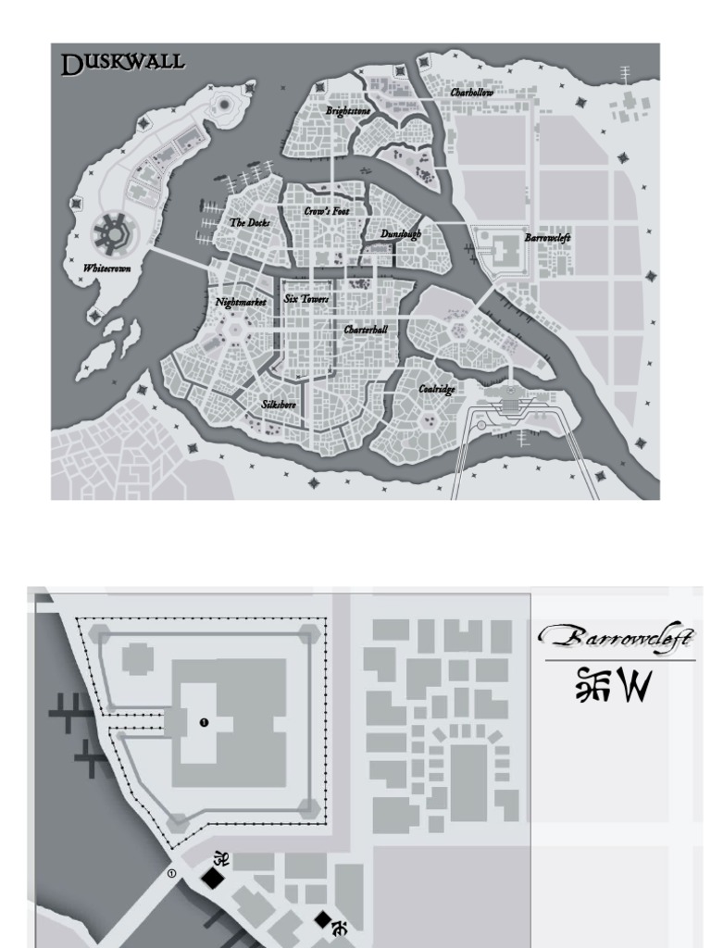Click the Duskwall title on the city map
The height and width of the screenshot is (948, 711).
tap(122, 63)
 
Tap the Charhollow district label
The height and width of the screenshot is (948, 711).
tap(472, 93)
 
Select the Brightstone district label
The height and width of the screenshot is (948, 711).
tap(348, 111)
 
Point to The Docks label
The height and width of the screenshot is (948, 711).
tap(250, 223)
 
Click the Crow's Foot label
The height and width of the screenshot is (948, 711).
tap(327, 212)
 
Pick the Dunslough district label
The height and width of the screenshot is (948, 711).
tap(401, 234)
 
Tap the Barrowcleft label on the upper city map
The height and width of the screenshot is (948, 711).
tap(547, 238)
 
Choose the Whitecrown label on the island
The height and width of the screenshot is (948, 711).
tap(106, 268)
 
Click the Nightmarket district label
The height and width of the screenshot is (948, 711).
tap(241, 302)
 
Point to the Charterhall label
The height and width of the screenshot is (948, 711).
tap(366, 330)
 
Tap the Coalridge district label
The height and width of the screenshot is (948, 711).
tap(436, 389)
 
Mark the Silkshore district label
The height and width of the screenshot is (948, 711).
tap(279, 405)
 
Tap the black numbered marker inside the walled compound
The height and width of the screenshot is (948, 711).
tap(204, 722)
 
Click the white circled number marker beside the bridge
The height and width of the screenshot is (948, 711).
tap(171, 873)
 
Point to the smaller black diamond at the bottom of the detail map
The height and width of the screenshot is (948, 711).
tap(321, 919)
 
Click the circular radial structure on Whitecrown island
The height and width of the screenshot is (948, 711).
tap(112, 231)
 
